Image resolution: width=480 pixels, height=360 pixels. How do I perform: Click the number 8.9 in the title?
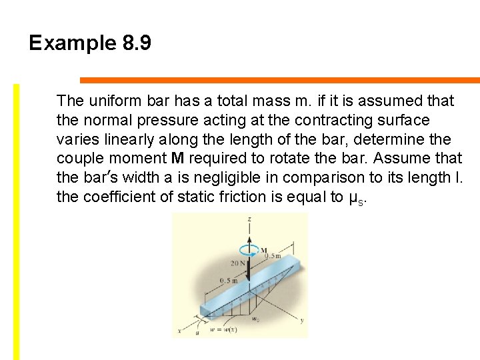[x=137, y=43]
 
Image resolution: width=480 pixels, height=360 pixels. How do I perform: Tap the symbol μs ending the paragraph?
[x=356, y=198]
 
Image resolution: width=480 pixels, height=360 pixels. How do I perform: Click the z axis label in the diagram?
[x=248, y=219]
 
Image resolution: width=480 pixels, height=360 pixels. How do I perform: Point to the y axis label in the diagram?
[x=301, y=321]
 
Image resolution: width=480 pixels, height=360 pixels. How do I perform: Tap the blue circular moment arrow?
[x=250, y=251]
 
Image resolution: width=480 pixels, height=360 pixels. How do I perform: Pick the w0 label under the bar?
[x=256, y=319]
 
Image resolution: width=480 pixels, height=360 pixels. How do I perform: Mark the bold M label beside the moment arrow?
[x=263, y=250]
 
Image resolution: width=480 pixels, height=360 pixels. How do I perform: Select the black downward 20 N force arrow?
[x=249, y=269]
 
